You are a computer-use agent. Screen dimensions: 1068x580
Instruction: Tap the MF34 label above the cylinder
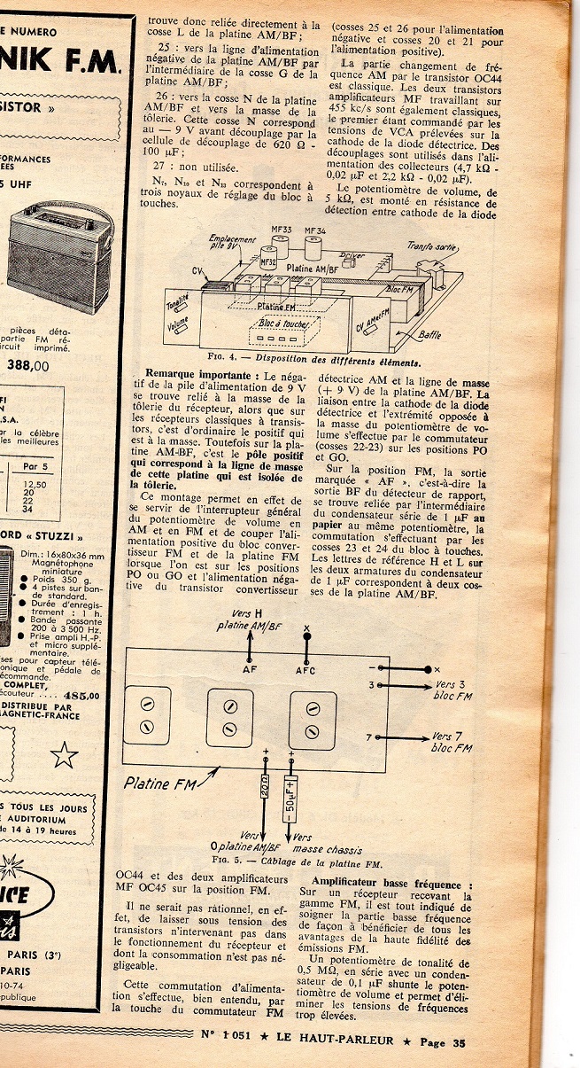pyautogui.click(x=315, y=231)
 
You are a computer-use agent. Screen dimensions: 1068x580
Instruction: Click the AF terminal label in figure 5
pyautogui.click(x=250, y=671)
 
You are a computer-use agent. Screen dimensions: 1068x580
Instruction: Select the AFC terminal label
pyautogui.click(x=305, y=671)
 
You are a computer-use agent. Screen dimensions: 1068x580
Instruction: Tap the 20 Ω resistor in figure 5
pyautogui.click(x=265, y=786)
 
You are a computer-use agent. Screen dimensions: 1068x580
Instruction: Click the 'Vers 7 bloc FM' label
pyautogui.click(x=452, y=742)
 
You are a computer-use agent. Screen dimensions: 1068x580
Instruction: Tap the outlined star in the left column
pyautogui.click(x=64, y=755)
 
